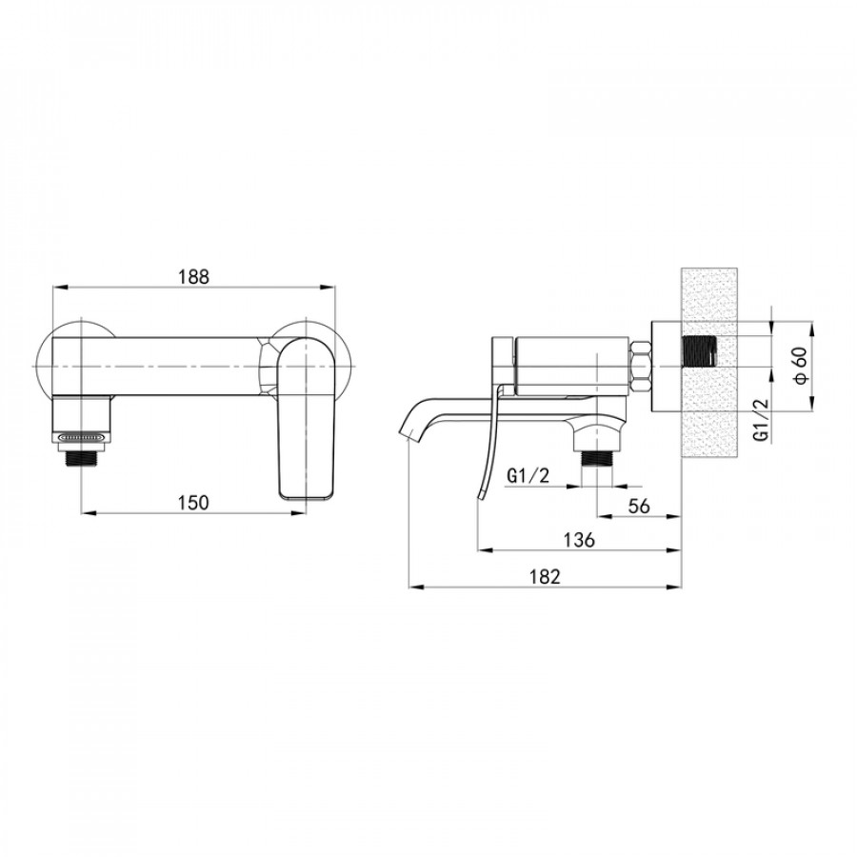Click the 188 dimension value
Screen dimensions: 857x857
pyautogui.click(x=194, y=276)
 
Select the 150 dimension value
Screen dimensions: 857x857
pyautogui.click(x=193, y=502)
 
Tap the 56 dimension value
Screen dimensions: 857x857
pyautogui.click(x=639, y=507)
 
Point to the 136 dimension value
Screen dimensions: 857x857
pyautogui.click(x=579, y=540)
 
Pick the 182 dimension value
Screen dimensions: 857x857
pyautogui.click(x=545, y=576)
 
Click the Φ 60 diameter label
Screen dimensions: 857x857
pyautogui.click(x=800, y=366)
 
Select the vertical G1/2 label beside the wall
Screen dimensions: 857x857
pyautogui.click(x=761, y=420)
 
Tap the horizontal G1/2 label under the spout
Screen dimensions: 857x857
pyautogui.click(x=528, y=476)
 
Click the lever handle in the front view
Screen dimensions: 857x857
pyautogui.click(x=306, y=418)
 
